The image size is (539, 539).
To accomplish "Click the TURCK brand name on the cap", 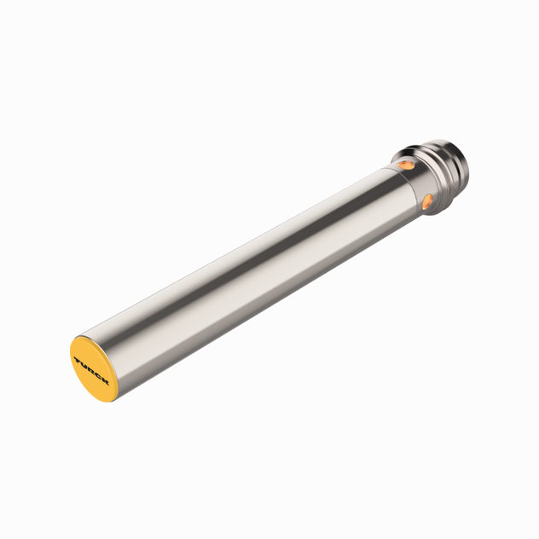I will pyautogui.click(x=91, y=369).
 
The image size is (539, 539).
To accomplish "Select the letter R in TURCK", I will pyautogui.click(x=91, y=369).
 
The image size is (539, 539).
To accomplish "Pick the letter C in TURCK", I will pyautogui.click(x=97, y=375).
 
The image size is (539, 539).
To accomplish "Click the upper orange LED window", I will pyautogui.click(x=406, y=161).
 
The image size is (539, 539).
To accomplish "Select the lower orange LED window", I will pyautogui.click(x=427, y=201).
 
